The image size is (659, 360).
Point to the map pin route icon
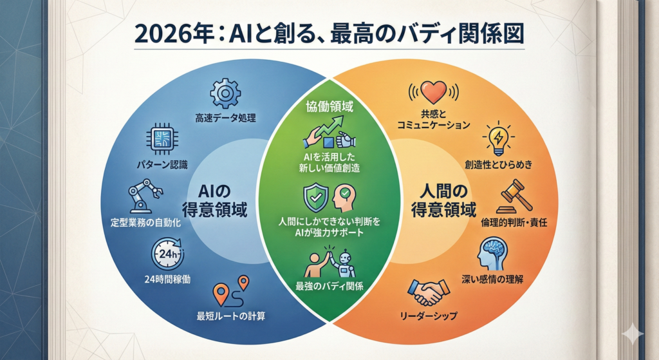click(231, 292)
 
